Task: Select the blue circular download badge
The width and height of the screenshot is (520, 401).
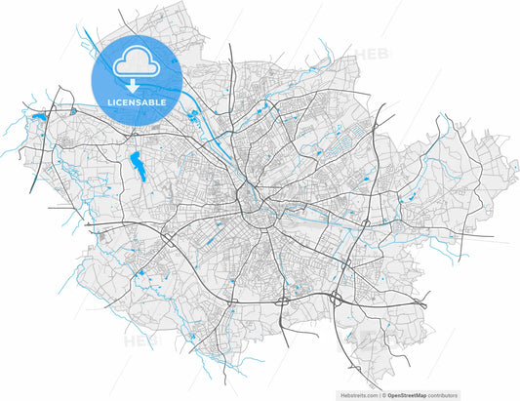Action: [137, 76]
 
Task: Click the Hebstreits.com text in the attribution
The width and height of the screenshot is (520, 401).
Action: [358, 395]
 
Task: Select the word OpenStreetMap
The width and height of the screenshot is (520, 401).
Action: [411, 395]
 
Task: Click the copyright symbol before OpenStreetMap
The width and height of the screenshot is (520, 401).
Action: [384, 395]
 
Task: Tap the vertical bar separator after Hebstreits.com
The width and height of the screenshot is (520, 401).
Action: [379, 395]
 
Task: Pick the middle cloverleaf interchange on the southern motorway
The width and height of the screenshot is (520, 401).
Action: [280, 301]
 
